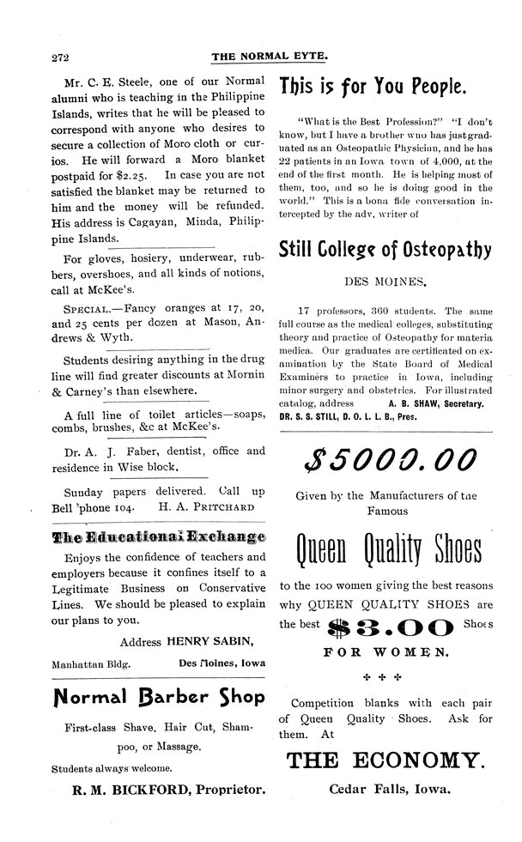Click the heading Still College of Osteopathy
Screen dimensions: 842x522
tap(386, 250)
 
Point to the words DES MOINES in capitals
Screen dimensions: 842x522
tap(385, 281)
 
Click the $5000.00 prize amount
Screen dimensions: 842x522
tap(385, 463)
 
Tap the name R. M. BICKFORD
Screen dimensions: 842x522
tap(125, 786)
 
